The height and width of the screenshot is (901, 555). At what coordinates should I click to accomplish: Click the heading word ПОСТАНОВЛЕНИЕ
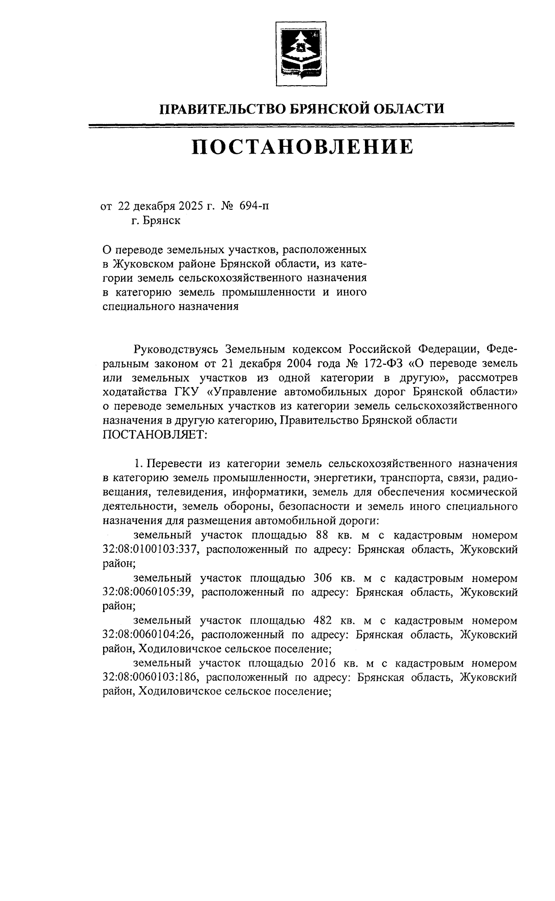302,147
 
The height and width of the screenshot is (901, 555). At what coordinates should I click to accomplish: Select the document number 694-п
253,206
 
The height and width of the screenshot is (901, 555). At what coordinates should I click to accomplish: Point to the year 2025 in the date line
187,206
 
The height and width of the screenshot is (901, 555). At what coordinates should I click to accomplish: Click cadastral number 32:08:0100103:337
150,550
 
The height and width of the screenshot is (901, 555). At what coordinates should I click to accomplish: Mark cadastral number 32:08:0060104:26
148,635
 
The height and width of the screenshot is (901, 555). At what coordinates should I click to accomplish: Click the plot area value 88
325,535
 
